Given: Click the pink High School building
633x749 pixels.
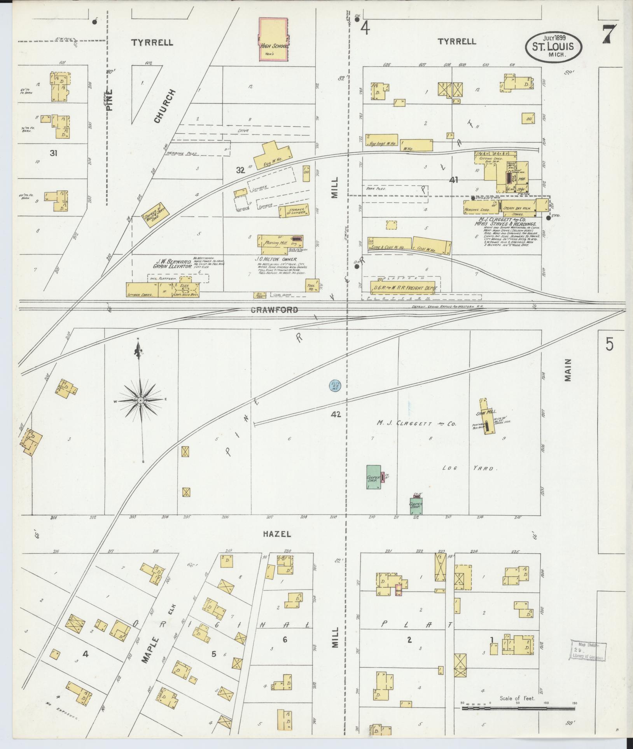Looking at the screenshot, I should tap(274, 40).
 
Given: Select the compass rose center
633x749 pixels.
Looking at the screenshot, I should tap(140, 400).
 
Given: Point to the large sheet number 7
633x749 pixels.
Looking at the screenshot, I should tap(611, 35).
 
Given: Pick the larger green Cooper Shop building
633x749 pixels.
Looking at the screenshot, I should tap(374, 477).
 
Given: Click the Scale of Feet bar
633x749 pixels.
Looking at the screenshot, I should tap(517, 708).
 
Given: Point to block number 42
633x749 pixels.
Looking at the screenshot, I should tap(336, 415).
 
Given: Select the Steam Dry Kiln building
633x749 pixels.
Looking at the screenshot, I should tap(518, 208).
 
